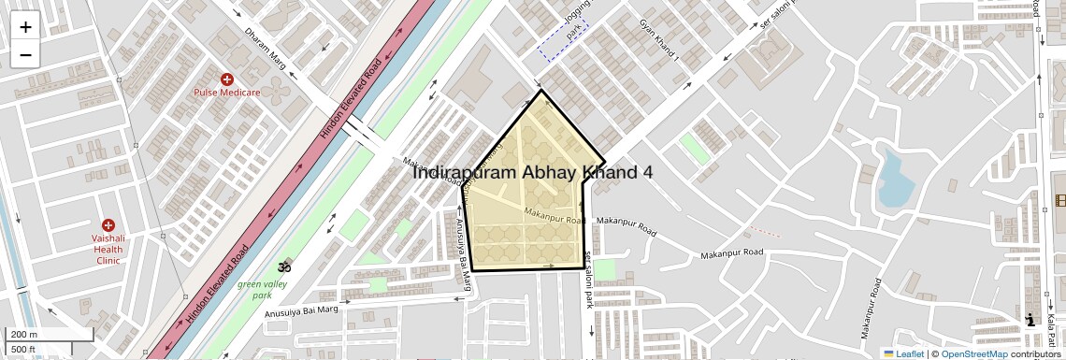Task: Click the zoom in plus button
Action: point(25,26)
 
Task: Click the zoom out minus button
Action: point(25,54)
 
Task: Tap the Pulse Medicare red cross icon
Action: point(226,79)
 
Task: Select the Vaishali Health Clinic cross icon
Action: point(108,225)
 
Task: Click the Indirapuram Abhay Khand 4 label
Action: point(532,173)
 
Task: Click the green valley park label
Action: point(262,289)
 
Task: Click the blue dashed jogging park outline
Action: point(563,39)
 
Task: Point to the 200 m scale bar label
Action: point(24,335)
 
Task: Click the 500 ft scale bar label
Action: point(24,350)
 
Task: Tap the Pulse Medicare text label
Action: point(226,93)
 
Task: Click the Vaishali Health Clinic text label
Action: point(108,249)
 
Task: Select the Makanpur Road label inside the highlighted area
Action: point(555,217)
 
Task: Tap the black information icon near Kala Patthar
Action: point(1030,319)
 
